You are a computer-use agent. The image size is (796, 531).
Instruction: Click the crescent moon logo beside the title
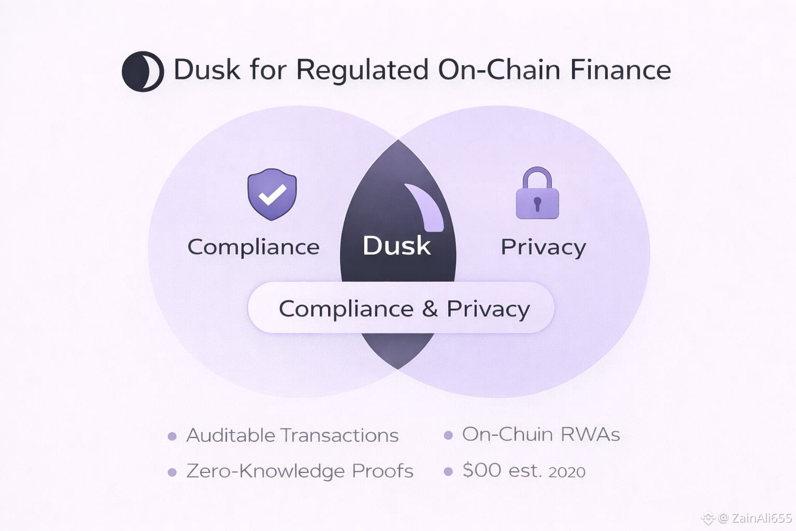coord(143,71)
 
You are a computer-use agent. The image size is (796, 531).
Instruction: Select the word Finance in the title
coord(620,70)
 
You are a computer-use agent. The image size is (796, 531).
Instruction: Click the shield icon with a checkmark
coord(272,194)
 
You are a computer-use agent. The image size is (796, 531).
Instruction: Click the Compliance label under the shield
coord(253,247)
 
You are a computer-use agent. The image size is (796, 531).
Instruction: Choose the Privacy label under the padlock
coord(543,247)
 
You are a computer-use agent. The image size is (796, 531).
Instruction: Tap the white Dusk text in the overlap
coord(396,246)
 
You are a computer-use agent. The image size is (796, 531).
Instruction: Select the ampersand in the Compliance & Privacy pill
coord(430,309)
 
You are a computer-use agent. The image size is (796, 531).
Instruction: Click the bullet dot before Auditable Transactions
coord(172,437)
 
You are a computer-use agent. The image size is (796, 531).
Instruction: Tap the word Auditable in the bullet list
coord(231,435)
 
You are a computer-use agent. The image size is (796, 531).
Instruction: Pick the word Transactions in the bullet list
coord(340,435)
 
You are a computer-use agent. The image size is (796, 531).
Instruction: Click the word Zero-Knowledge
coord(265,471)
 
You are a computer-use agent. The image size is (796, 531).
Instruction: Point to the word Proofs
coord(382,471)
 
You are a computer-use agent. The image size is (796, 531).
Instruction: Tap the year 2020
coord(566,472)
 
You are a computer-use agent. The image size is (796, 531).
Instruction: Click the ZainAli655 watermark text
coord(761,518)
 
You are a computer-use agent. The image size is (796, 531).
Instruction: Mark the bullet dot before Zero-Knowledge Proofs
coord(172,472)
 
